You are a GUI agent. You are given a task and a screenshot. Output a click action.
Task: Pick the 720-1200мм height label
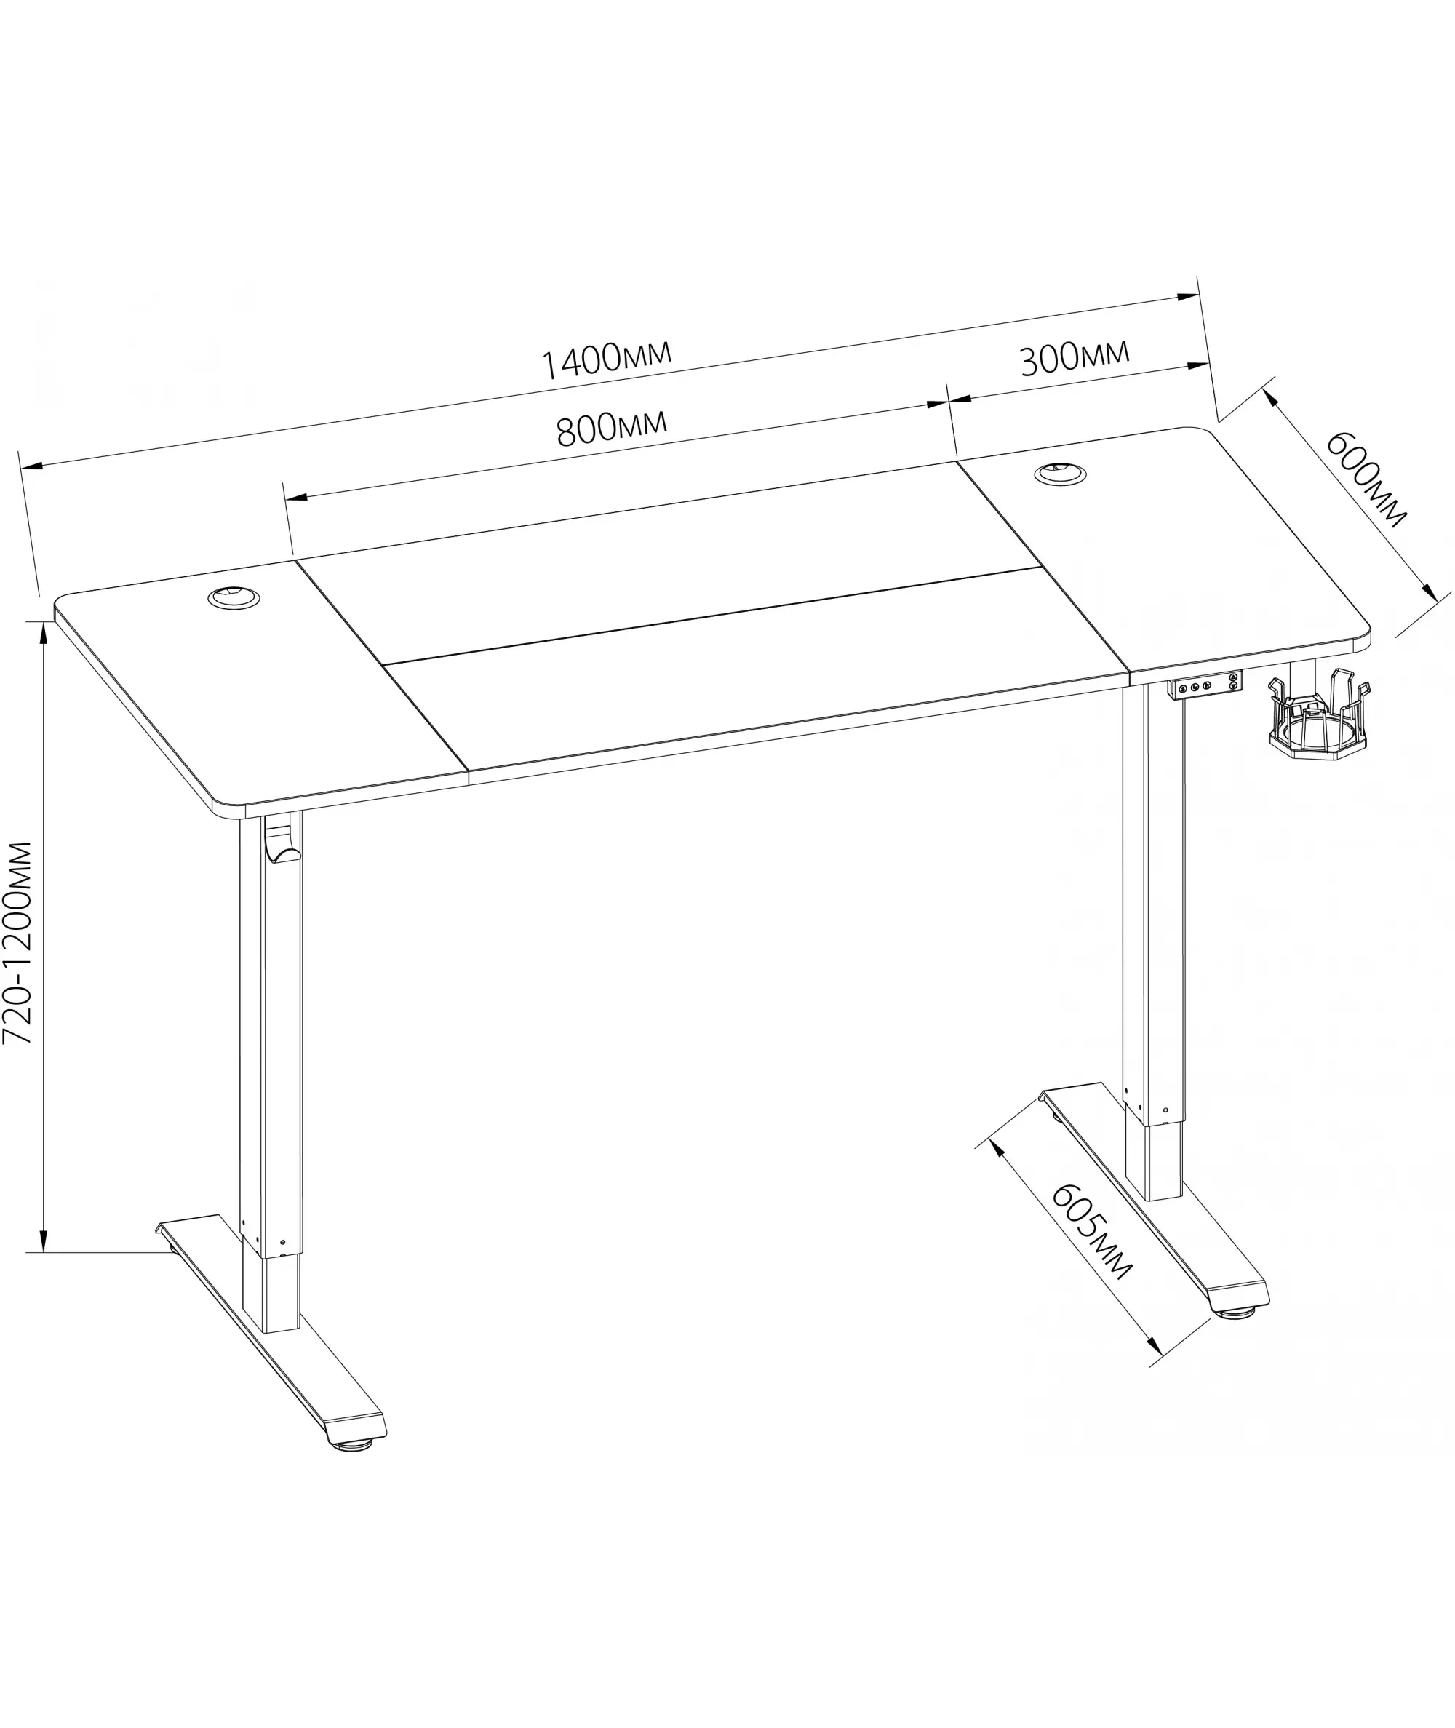pos(17,943)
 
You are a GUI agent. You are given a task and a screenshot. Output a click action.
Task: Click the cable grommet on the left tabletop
pos(234,597)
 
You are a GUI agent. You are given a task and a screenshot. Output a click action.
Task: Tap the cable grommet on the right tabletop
pos(1061,474)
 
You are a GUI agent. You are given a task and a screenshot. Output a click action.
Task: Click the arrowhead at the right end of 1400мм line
pos(1189,297)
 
